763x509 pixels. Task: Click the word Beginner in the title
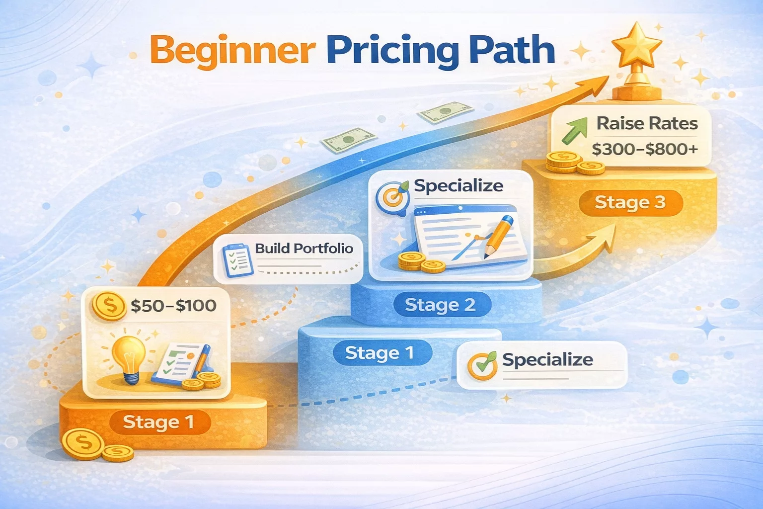232,51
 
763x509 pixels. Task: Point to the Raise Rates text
647,123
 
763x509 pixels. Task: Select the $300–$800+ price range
645,149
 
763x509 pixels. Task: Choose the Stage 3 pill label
630,202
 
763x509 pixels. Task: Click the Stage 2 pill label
440,305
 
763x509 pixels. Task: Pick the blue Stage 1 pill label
380,353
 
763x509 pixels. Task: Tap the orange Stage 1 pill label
158,422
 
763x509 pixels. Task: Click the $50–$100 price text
173,305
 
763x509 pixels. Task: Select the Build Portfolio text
304,249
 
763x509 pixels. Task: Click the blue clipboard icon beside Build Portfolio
237,259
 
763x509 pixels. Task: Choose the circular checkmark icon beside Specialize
482,366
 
